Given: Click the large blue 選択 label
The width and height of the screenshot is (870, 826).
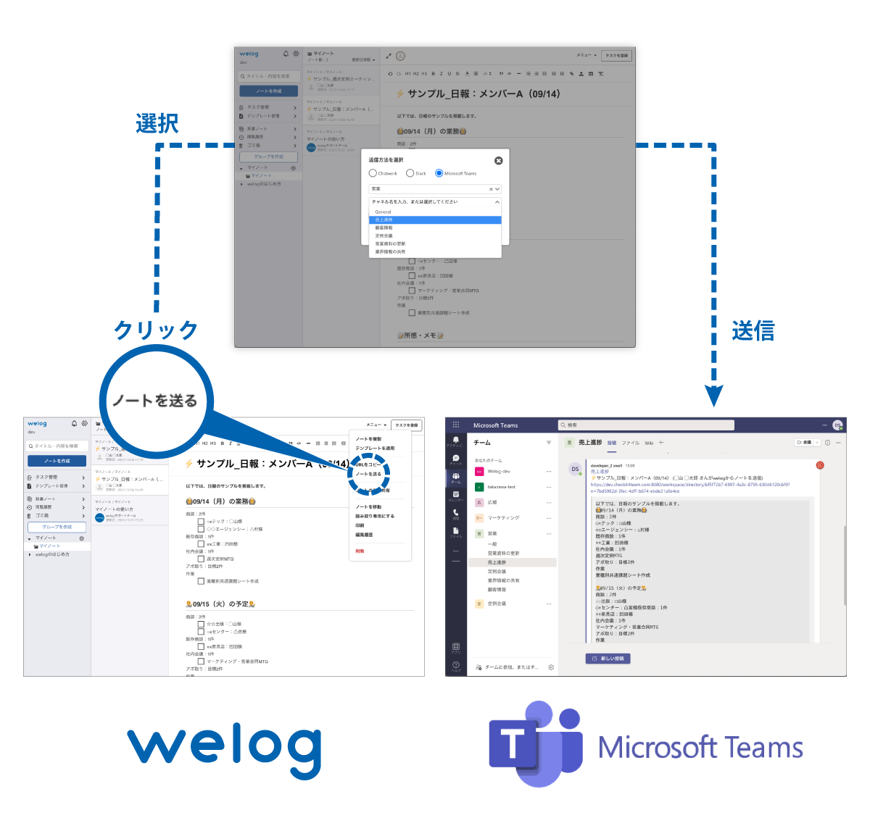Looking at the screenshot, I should point(157,123).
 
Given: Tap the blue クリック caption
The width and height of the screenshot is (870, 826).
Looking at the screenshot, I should point(156,330).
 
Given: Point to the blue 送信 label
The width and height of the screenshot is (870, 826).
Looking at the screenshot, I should point(753,331).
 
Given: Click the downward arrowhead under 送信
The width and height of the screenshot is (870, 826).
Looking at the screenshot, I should point(714,396).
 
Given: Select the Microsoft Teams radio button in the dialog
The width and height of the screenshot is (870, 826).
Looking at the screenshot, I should point(439,173).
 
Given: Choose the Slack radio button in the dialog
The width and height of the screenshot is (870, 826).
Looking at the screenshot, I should point(410,173).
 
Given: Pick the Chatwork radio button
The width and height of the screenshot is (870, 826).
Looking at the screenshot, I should point(373,173).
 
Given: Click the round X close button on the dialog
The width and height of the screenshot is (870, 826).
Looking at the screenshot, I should point(498,160).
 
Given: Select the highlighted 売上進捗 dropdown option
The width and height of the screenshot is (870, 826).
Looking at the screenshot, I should point(435,220).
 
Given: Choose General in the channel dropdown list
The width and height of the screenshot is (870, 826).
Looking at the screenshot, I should point(383,212).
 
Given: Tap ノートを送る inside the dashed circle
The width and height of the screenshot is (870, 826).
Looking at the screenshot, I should point(368,474).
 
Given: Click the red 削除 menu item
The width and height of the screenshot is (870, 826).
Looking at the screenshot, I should point(360,551).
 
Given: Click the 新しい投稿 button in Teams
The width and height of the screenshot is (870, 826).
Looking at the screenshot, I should point(608,659).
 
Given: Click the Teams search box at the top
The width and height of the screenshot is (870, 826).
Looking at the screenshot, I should point(645,425).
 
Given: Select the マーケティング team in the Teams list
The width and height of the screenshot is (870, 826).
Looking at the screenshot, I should point(503,518).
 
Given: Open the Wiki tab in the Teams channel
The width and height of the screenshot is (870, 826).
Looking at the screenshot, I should point(649,443).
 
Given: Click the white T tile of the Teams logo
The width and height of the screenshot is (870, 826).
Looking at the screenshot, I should point(513,745).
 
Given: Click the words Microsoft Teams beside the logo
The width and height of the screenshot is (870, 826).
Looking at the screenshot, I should point(700,748).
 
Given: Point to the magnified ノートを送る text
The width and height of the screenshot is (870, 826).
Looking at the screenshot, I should point(154,401).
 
